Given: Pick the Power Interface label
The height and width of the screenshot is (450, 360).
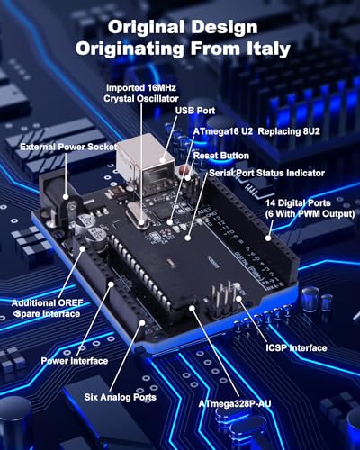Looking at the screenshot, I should click(x=74, y=361).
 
